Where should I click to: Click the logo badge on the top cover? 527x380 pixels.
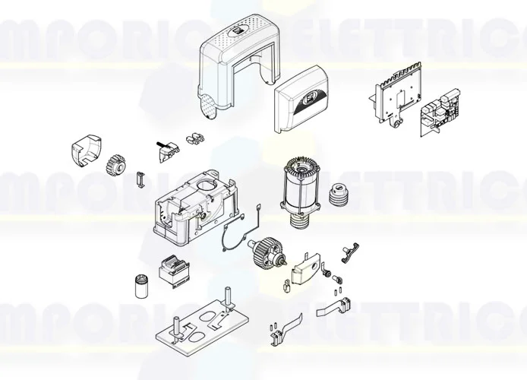237,33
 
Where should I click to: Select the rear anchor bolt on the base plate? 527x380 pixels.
226,297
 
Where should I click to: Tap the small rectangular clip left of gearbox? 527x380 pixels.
138,179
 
